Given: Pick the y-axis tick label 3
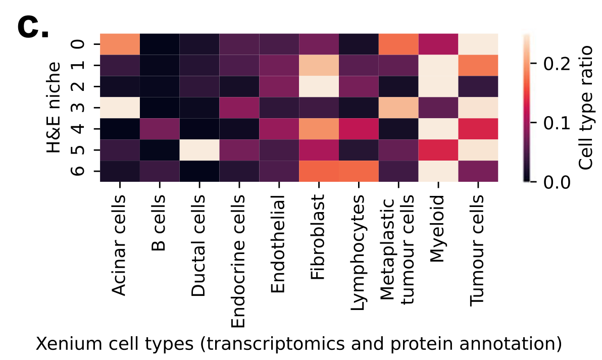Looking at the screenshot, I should pyautogui.click(x=78, y=107).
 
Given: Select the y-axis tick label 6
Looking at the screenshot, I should pyautogui.click(x=78, y=171).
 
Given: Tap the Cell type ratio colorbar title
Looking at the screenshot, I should pyautogui.click(x=585, y=107).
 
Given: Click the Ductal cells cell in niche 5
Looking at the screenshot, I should pyautogui.click(x=199, y=149).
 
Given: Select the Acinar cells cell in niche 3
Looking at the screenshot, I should pyautogui.click(x=120, y=107).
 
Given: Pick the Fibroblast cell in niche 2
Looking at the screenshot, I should pyautogui.click(x=319, y=86).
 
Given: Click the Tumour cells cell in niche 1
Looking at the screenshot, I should pyautogui.click(x=478, y=65).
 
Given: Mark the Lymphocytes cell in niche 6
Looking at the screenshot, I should pyautogui.click(x=359, y=171).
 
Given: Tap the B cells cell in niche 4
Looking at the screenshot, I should pyautogui.click(x=160, y=128).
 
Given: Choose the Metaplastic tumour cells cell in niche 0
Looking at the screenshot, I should pyautogui.click(x=398, y=43).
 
